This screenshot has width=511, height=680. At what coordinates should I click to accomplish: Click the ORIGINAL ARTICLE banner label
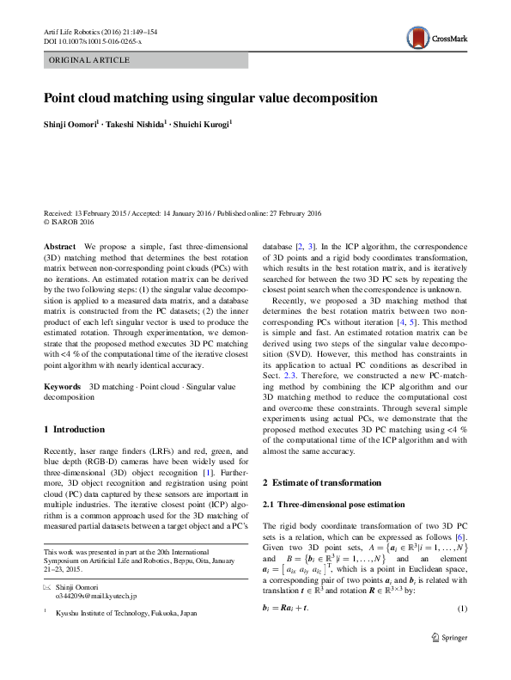[89, 60]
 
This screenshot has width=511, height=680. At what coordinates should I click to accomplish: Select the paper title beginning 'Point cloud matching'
[210, 98]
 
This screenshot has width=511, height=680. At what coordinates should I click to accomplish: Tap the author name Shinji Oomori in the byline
[71, 126]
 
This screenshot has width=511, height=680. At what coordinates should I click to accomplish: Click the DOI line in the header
[92, 40]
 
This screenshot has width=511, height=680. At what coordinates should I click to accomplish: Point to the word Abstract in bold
[58, 246]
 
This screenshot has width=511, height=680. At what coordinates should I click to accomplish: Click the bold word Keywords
[63, 388]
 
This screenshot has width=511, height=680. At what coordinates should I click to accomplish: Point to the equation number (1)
[461, 610]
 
